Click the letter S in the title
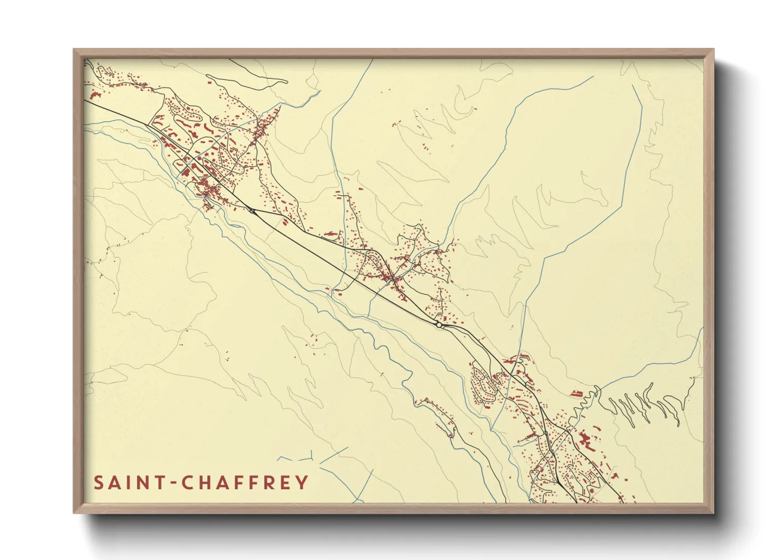(x=99, y=483)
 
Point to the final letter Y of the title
(x=302, y=483)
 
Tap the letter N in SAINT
(x=143, y=483)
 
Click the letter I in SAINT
(x=130, y=483)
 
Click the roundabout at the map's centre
(x=439, y=325)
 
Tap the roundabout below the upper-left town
(x=252, y=212)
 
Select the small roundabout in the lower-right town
(x=545, y=433)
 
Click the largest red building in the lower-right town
(x=585, y=439)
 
